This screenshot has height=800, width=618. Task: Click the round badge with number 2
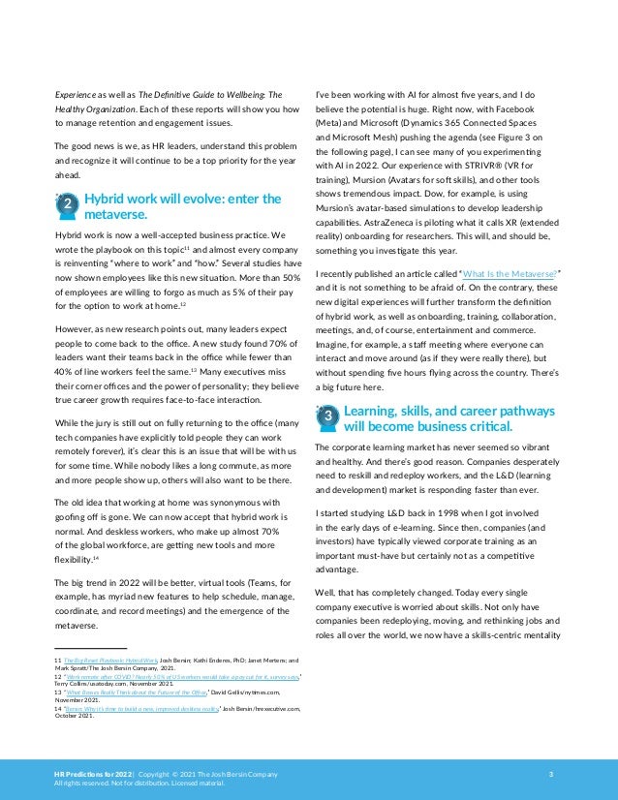(x=65, y=205)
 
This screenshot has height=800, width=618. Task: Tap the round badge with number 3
(x=326, y=415)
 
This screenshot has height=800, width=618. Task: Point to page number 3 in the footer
(x=550, y=774)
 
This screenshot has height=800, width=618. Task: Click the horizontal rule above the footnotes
(x=90, y=648)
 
